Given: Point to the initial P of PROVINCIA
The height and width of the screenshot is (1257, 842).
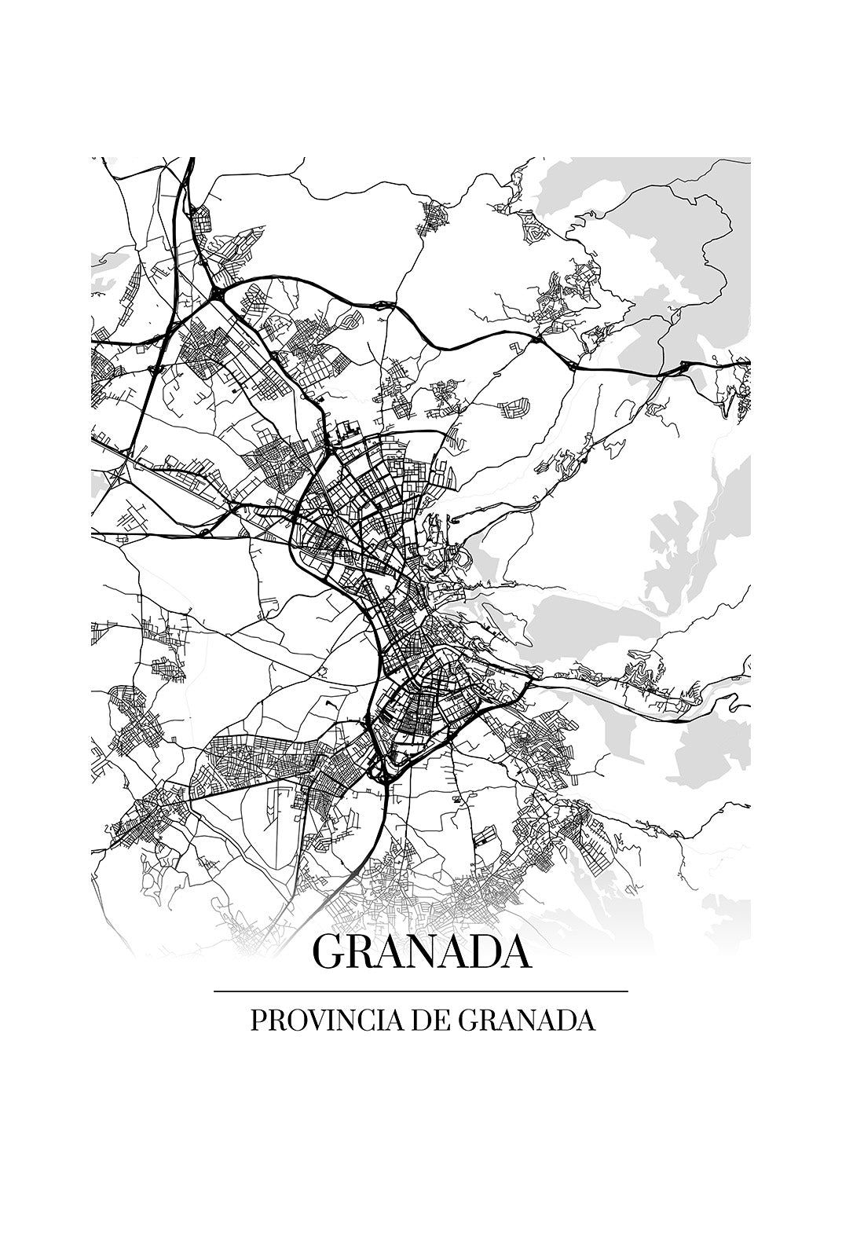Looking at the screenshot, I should click(x=257, y=1021).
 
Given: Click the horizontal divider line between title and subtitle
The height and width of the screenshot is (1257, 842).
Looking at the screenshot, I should click(x=421, y=991).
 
